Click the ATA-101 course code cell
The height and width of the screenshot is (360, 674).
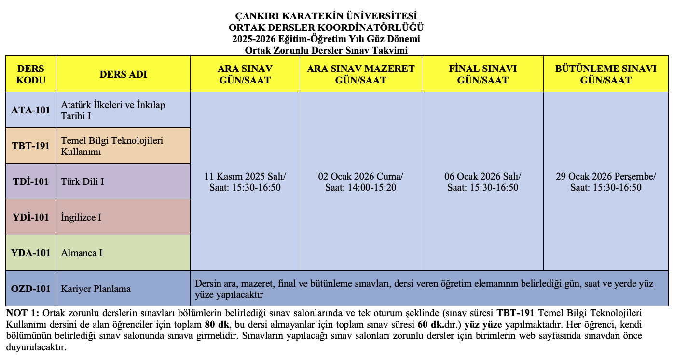click(x=31, y=110)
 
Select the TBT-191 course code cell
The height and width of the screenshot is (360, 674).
click(x=31, y=146)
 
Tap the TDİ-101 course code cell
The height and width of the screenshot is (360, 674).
click(x=31, y=181)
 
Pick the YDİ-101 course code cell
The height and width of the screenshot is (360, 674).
click(x=31, y=217)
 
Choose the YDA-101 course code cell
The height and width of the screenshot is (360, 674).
click(x=31, y=253)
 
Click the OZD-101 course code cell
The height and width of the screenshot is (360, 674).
click(x=31, y=289)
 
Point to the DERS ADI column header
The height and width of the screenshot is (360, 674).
click(x=123, y=74)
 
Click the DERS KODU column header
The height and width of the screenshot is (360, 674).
click(x=31, y=74)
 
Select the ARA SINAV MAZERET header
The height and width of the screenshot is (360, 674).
click(x=361, y=74)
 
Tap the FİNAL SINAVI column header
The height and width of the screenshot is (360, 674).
click(x=482, y=74)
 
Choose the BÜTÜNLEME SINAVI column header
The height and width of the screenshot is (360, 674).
click(x=605, y=74)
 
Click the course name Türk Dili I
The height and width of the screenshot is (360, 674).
click(x=83, y=182)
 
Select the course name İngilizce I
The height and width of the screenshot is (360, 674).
click(x=81, y=218)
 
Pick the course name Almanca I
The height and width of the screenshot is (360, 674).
click(x=82, y=253)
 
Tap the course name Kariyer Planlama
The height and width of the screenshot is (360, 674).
click(x=96, y=289)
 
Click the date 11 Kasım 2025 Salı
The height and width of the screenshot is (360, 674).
click(x=245, y=176)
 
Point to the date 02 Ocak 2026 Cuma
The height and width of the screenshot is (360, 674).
click(x=361, y=176)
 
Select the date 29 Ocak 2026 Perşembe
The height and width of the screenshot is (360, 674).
click(x=605, y=176)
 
